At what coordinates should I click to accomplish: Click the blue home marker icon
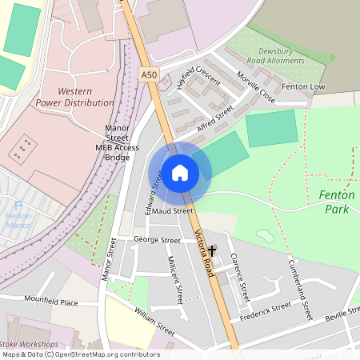click(180, 172)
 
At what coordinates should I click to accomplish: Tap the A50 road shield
click(149, 74)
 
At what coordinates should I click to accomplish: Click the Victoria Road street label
click(205, 252)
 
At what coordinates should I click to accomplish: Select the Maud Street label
click(173, 211)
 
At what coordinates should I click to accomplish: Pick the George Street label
click(157, 240)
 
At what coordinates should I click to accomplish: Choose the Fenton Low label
click(303, 86)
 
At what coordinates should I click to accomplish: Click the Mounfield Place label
click(51, 302)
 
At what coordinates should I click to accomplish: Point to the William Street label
click(154, 321)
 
